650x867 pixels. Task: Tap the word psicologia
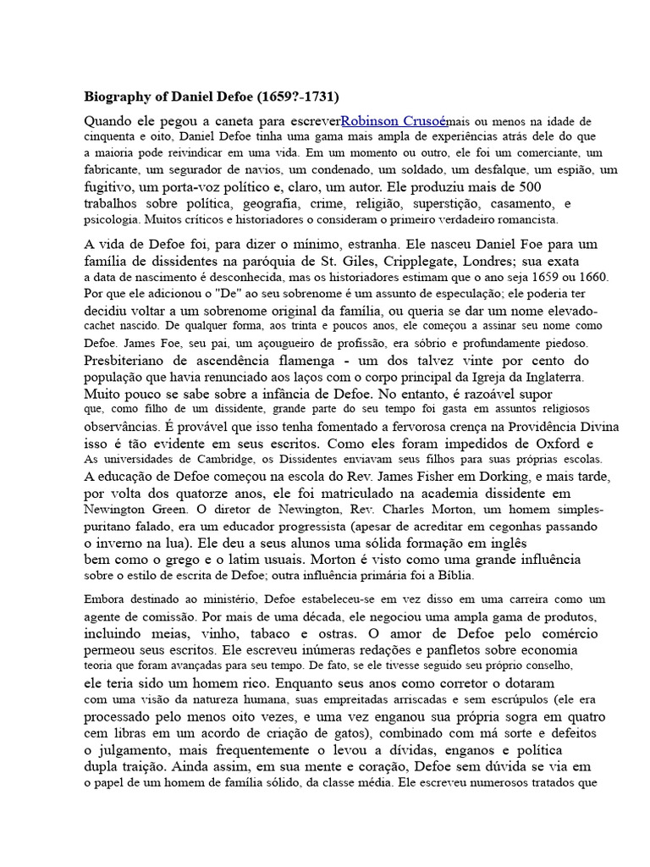click(x=112, y=219)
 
